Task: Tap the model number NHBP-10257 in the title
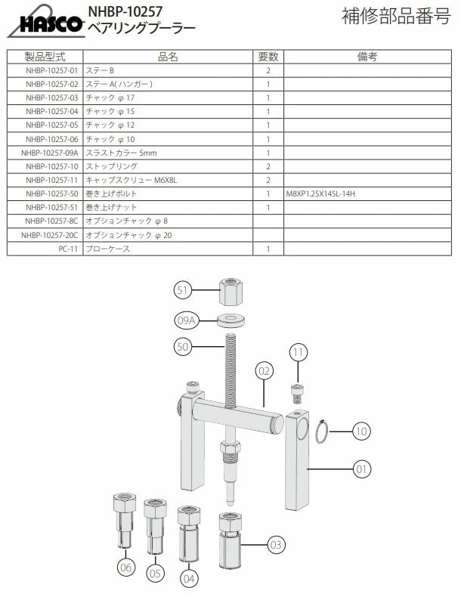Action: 125,11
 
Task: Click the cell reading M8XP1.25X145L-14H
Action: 320,194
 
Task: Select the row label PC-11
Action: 68,249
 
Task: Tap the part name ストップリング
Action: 111,166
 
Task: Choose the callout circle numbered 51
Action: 183,289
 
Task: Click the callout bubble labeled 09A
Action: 187,320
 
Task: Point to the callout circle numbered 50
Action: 182,346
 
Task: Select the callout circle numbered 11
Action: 299,352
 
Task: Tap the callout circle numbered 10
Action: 361,432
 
